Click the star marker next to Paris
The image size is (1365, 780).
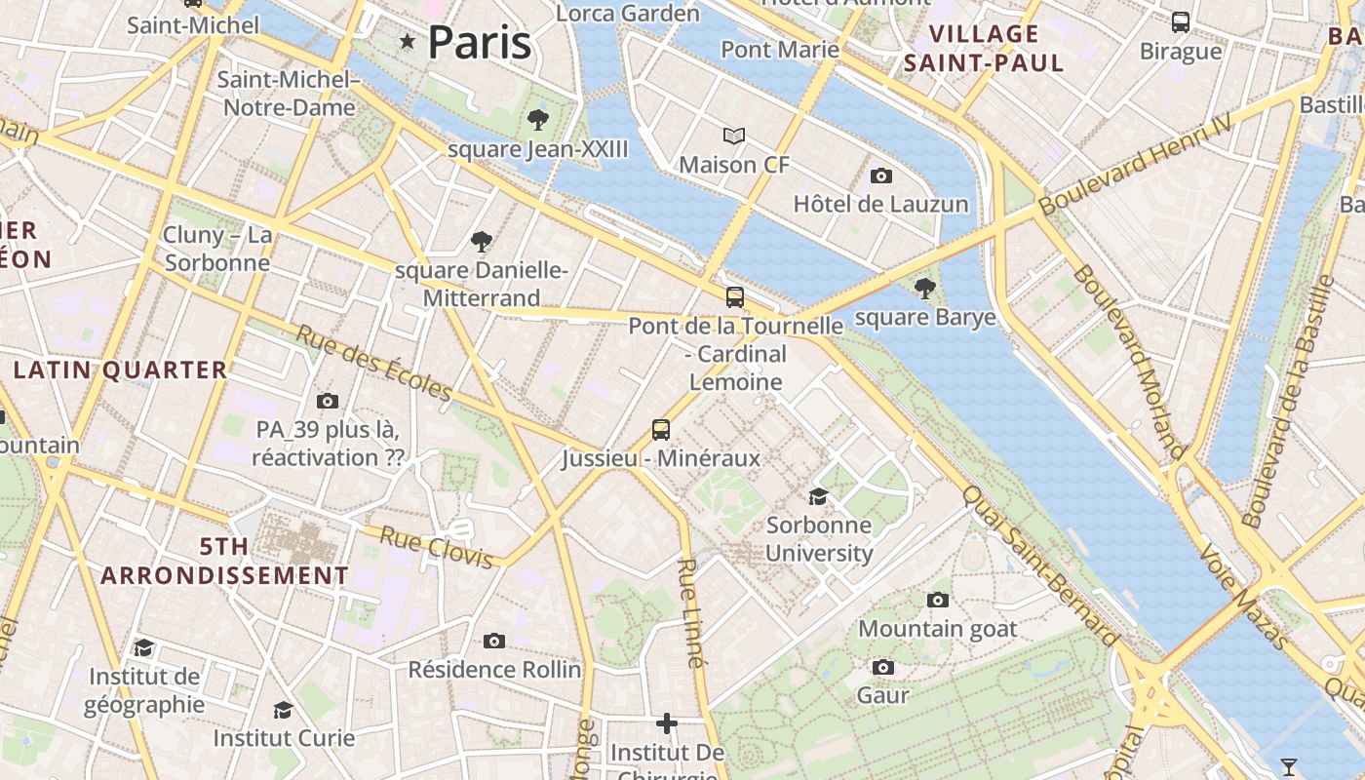[408, 41]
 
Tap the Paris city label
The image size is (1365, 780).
[480, 43]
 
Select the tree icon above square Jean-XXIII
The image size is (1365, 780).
[537, 120]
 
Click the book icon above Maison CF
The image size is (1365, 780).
[734, 136]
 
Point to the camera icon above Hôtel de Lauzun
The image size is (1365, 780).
[881, 175]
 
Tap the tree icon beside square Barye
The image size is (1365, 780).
[924, 289]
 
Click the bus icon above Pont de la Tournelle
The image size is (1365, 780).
[735, 297]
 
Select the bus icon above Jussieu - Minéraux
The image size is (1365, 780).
[661, 429]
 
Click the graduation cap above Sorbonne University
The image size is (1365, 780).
[818, 496]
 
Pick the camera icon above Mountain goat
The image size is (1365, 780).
[938, 600]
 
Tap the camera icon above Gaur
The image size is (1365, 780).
[883, 667]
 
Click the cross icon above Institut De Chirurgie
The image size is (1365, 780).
[667, 723]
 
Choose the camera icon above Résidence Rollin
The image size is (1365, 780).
[494, 641]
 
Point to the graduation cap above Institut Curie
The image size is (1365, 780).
[284, 709]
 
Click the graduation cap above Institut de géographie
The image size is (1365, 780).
[144, 647]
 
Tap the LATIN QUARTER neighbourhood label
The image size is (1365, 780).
[121, 370]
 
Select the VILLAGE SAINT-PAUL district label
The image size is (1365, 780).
[983, 49]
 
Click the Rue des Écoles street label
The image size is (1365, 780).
[374, 363]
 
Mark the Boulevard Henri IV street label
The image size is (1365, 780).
[1136, 164]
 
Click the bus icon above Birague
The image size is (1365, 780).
[1181, 22]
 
